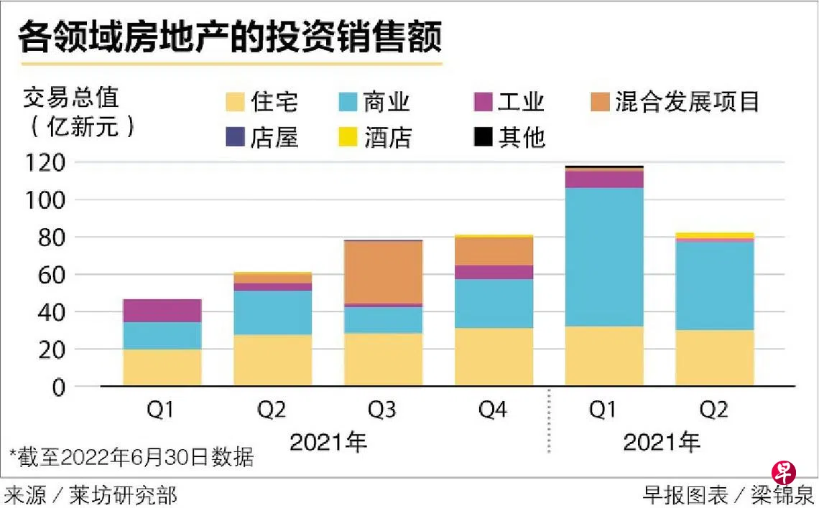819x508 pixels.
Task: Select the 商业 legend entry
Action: [374, 102]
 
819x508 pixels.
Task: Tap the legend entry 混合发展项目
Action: [676, 102]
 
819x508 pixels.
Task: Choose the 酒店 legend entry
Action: [374, 136]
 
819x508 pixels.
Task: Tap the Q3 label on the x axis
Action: [383, 410]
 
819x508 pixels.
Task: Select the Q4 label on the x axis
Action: [494, 410]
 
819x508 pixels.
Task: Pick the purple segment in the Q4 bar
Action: [494, 272]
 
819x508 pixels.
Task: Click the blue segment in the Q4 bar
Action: [494, 304]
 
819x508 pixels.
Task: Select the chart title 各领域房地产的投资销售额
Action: [230, 37]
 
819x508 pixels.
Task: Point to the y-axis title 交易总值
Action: [71, 97]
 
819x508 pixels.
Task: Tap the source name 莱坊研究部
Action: [123, 494]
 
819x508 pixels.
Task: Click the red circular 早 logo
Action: [783, 473]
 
